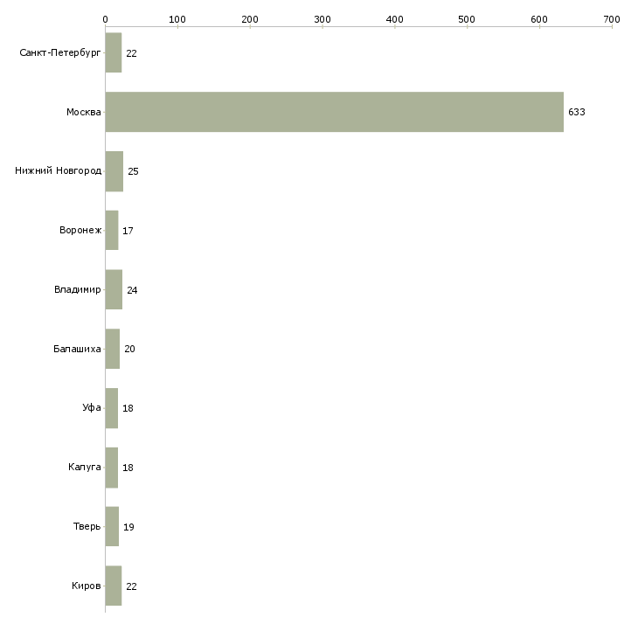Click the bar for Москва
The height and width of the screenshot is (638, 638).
coord(334,112)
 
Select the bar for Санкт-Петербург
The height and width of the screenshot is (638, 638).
coord(114,53)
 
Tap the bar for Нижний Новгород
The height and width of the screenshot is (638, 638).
coord(114,171)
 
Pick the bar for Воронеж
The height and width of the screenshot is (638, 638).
coord(112,231)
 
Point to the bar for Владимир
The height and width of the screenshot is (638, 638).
coord(114,290)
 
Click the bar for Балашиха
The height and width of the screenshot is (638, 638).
coord(113,349)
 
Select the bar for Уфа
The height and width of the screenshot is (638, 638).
coord(112,408)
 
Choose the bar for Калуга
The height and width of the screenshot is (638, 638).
coord(112,468)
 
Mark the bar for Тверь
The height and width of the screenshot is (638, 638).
coord(112,527)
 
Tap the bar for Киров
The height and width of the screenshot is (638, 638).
coord(114,586)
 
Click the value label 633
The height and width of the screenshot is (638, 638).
coord(577,113)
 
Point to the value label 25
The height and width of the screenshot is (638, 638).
coord(133,172)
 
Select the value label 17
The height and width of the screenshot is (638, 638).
coord(128,232)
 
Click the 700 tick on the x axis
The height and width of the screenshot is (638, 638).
coord(612,18)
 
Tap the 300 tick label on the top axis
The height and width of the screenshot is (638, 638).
coord(322,18)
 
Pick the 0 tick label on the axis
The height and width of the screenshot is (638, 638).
coord(105,18)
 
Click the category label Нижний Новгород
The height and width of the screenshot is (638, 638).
coord(59,171)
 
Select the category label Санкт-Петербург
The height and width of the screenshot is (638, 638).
coord(60,53)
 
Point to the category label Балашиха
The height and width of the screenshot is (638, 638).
coord(77,349)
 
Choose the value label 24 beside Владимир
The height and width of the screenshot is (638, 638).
coord(132,290)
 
